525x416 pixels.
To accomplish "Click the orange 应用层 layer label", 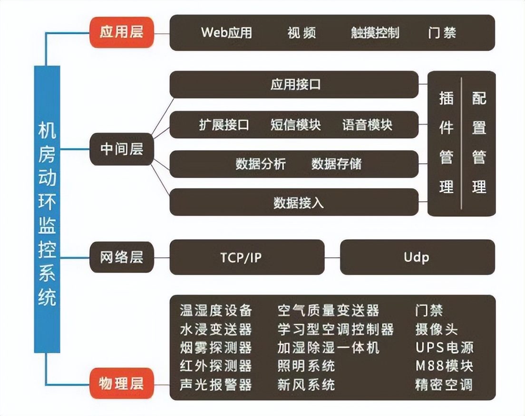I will [122, 33].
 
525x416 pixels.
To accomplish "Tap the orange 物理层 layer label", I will [122, 383].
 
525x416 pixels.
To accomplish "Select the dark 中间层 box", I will [122, 150].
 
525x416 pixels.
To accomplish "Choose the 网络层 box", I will [122, 257].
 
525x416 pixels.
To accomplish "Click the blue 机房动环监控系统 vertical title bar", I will [47, 209].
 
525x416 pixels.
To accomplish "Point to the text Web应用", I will [226, 33].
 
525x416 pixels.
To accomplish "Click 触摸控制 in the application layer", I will [375, 33].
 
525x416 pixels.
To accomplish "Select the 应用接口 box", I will [294, 85].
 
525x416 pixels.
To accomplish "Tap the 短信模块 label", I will [296, 125].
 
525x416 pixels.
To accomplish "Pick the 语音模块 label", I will [367, 125].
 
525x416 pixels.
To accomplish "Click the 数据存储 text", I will [336, 164].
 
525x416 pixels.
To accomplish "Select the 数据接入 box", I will [294, 202].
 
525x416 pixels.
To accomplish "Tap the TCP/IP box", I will [246, 257].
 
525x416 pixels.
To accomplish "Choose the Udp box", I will [417, 257].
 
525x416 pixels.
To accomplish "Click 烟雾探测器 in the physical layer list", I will [215, 347].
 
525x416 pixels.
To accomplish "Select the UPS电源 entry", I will [444, 347].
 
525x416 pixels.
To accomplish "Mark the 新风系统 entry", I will [306, 384].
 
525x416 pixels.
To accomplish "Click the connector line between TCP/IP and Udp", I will [332, 257].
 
